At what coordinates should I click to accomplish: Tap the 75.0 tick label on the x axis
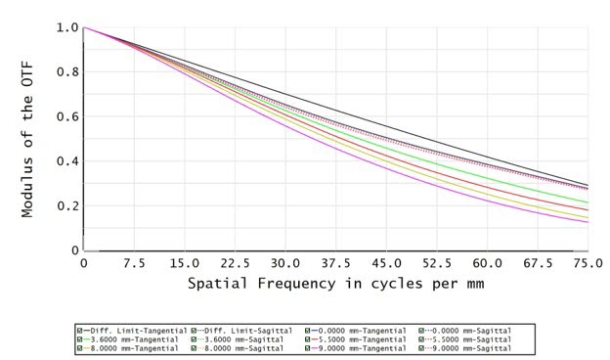(x=587, y=264)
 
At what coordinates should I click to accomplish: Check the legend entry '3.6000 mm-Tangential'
(x=129, y=337)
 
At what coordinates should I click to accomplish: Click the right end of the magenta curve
(x=587, y=222)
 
